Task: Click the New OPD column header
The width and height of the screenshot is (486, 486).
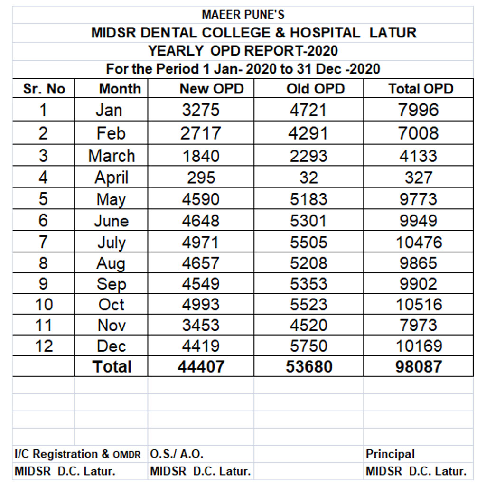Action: click(x=212, y=89)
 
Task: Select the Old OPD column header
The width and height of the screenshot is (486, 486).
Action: click(x=316, y=89)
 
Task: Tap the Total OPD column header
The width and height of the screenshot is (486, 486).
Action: click(x=421, y=89)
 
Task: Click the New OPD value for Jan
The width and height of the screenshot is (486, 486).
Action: click(x=201, y=110)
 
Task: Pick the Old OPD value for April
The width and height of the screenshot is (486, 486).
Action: click(x=308, y=178)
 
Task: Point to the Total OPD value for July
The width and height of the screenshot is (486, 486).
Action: click(x=419, y=242)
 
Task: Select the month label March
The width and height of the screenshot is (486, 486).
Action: click(x=112, y=156)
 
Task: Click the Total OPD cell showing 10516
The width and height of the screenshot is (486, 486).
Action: click(x=419, y=304)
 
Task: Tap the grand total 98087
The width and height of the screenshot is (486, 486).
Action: click(x=419, y=367)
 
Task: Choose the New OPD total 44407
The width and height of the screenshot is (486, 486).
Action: click(x=201, y=367)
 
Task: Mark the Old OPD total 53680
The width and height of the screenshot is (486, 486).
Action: click(x=309, y=367)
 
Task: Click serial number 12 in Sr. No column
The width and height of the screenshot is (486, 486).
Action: click(x=44, y=346)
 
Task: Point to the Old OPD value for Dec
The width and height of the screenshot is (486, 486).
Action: click(x=308, y=346)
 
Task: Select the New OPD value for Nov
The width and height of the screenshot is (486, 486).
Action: click(x=201, y=325)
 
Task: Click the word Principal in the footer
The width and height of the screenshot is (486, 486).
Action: click(x=390, y=454)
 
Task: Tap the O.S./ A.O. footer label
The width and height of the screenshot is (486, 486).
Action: click(x=177, y=454)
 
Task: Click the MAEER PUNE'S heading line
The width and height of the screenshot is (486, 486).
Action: click(x=243, y=15)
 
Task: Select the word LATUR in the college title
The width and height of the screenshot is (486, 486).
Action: click(x=393, y=33)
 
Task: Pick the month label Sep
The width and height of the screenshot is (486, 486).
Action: click(x=112, y=284)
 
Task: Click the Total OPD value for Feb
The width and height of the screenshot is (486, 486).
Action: click(x=419, y=133)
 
